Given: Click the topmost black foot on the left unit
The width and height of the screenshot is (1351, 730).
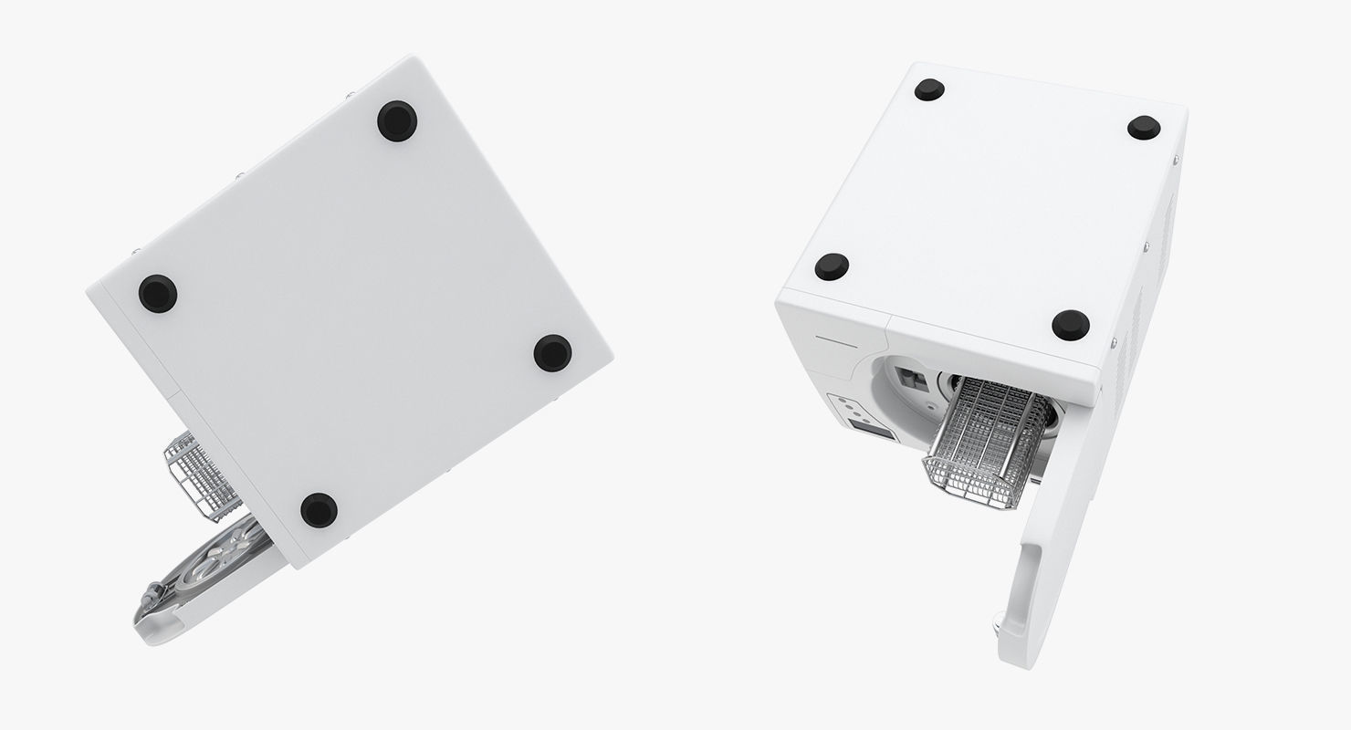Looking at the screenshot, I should pyautogui.click(x=397, y=120).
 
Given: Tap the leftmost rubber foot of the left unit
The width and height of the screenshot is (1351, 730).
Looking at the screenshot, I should pyautogui.click(x=158, y=293).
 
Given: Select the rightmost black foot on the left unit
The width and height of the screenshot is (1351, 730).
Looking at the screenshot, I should pyautogui.click(x=552, y=352).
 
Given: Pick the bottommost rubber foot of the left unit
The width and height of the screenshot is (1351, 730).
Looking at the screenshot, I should pyautogui.click(x=319, y=509).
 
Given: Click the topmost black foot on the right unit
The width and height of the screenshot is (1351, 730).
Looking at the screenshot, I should pyautogui.click(x=929, y=89).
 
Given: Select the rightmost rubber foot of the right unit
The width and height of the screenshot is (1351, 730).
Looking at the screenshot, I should pyautogui.click(x=1144, y=128).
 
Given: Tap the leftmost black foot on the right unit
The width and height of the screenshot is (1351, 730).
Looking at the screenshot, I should pyautogui.click(x=832, y=266).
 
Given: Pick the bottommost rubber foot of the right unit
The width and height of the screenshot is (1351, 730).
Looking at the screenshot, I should pyautogui.click(x=1070, y=324).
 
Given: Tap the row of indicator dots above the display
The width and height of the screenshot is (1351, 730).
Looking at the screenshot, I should pyautogui.click(x=846, y=404).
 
